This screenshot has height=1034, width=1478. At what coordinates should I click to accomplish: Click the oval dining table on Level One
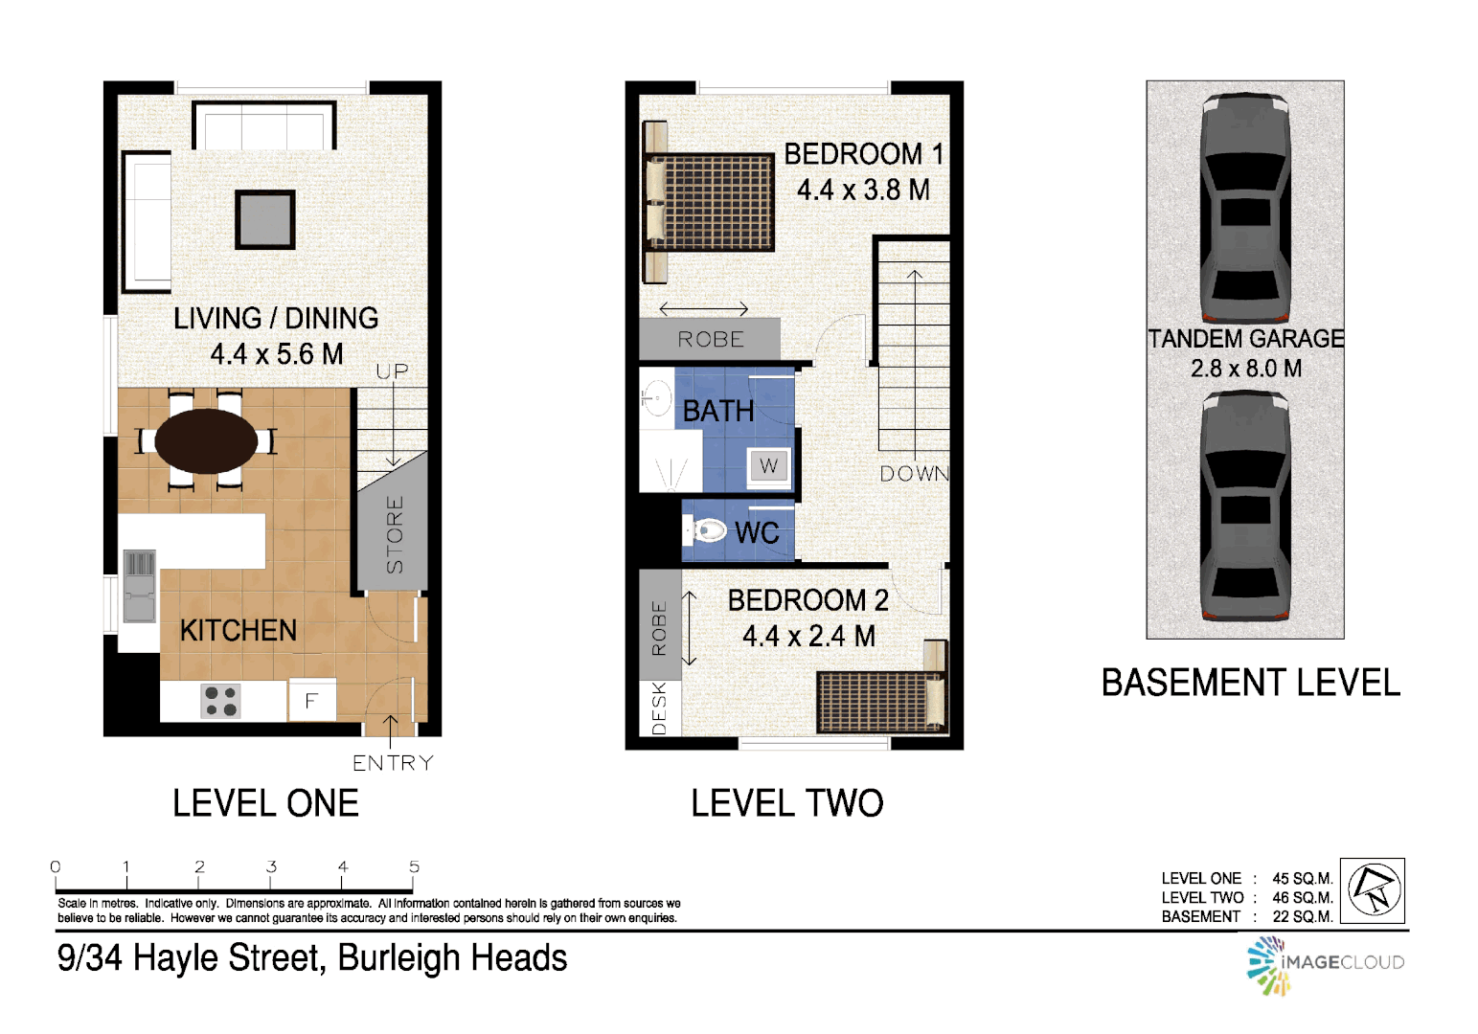[x=206, y=441]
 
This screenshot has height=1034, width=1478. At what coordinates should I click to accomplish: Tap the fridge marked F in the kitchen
[x=310, y=701]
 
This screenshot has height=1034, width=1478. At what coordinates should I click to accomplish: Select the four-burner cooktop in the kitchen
[x=221, y=701]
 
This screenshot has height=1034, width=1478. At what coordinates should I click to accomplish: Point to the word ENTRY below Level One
[x=393, y=763]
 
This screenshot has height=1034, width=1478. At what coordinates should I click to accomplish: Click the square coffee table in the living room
[x=265, y=219]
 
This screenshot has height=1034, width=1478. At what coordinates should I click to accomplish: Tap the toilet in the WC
[x=709, y=529]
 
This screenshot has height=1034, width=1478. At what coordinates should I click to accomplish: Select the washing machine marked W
[x=768, y=466]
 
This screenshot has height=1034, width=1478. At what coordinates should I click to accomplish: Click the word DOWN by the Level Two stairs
[x=914, y=474]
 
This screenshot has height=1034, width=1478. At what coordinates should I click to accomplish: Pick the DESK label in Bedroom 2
[x=659, y=708]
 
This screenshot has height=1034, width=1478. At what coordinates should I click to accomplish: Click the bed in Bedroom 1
[x=718, y=202]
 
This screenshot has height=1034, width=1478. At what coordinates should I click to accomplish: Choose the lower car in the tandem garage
[x=1244, y=507]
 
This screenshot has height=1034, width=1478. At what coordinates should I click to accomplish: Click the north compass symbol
[x=1374, y=890]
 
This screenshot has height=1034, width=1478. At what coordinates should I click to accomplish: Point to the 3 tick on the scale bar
[x=271, y=867]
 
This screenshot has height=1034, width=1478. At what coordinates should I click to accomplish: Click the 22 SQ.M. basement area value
[x=1302, y=917]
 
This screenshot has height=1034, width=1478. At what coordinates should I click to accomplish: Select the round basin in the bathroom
[x=656, y=396]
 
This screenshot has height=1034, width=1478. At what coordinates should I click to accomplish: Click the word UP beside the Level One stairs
[x=392, y=371]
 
